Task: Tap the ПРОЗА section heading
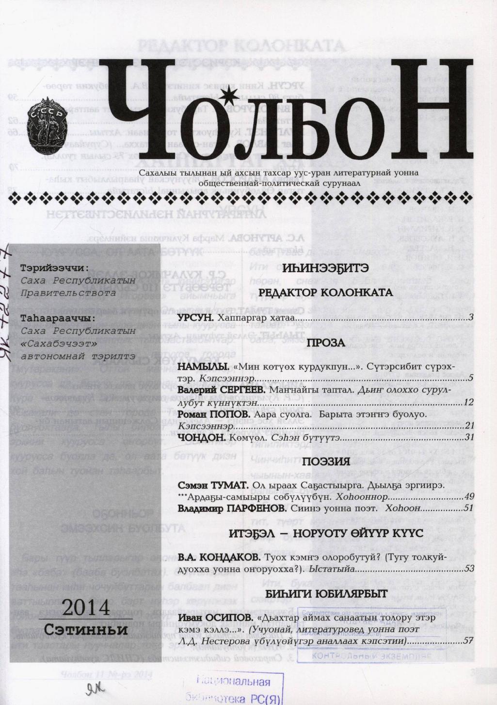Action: [325, 343]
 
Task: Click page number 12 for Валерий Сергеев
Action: [468, 402]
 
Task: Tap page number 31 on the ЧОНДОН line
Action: [468, 437]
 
